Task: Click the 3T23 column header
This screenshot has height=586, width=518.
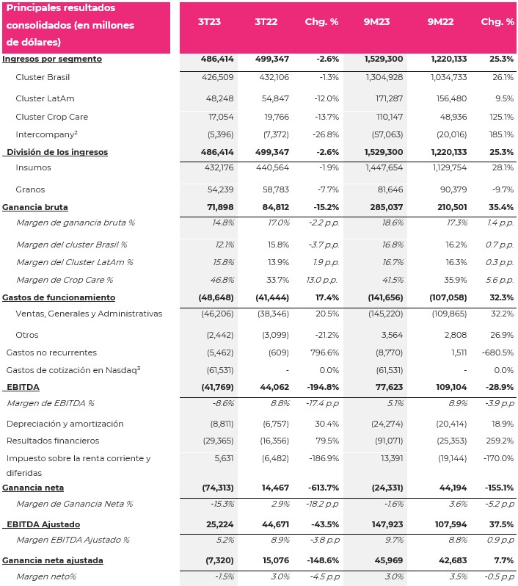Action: coord(209,22)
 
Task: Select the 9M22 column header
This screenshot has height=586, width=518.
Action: coord(440,22)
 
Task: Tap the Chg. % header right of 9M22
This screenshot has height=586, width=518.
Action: coord(497,22)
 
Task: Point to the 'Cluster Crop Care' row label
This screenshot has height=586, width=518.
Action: coord(52,117)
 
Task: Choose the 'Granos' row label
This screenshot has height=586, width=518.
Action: coord(30,189)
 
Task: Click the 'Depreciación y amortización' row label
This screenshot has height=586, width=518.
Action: coord(65,424)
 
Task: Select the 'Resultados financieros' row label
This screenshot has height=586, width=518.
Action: coord(53,441)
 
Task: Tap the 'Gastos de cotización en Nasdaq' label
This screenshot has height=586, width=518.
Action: coord(73,370)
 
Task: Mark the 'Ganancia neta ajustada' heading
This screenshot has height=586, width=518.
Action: coord(53,560)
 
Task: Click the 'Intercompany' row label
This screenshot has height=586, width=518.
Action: coord(47,134)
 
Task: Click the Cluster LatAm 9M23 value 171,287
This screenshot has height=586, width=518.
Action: coord(389,98)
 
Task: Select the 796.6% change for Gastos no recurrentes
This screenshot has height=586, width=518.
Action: coord(324,352)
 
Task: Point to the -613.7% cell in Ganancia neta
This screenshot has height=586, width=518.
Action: coord(324,488)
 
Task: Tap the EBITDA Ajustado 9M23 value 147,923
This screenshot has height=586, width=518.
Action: coord(387,524)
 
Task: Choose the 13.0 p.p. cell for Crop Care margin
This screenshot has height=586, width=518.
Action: coord(322,280)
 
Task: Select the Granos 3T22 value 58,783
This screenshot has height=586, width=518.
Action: coord(276,189)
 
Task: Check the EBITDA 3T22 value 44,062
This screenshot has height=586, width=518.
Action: coord(274,387)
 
